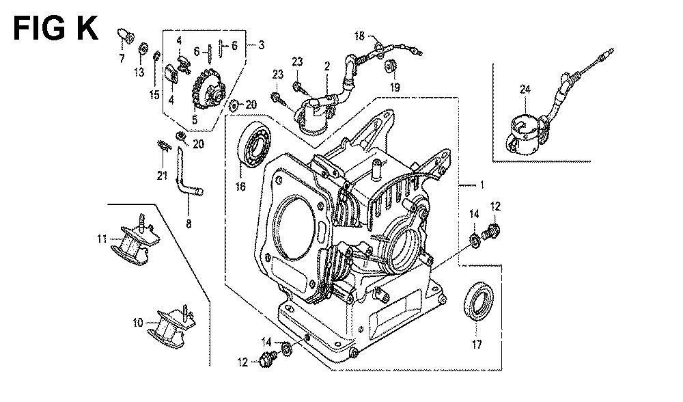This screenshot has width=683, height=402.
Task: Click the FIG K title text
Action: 56,29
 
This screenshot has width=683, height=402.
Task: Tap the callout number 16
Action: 240,187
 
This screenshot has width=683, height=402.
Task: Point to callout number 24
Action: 525,90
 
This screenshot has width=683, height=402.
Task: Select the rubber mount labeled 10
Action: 171,327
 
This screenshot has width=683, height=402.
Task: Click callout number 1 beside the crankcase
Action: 482,185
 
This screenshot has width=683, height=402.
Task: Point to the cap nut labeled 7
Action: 126,36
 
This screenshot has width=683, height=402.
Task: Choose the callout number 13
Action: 139,72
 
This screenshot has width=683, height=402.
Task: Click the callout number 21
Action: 162,176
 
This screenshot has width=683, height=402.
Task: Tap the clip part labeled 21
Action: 163,145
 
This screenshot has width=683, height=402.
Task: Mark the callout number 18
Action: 359,36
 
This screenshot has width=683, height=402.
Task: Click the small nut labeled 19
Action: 390,66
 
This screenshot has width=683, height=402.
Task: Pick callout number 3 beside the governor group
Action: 261,44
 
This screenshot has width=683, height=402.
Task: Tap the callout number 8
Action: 189,224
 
